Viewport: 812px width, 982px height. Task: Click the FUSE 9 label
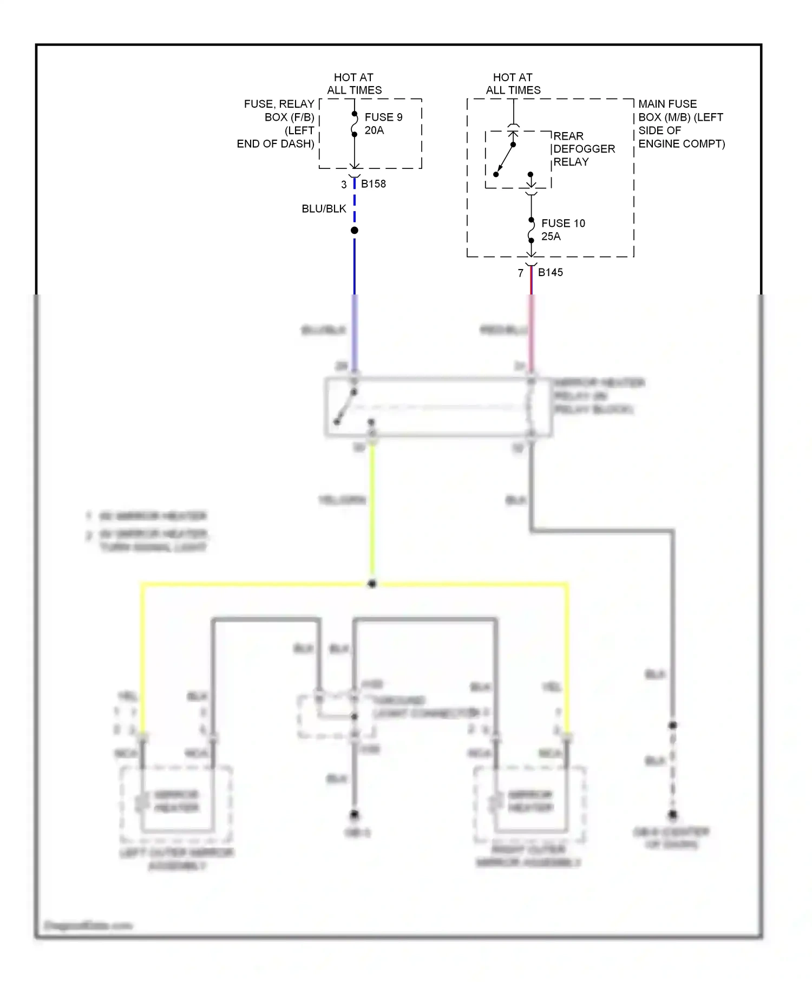383,117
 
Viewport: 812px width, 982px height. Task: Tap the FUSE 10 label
563,223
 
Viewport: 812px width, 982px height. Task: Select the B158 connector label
374,184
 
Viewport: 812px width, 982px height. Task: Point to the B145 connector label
550,272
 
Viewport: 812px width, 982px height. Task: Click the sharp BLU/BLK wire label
324,208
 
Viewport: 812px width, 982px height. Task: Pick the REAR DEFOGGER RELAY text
584,148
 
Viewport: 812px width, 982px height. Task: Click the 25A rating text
551,236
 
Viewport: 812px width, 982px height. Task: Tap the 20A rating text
374,130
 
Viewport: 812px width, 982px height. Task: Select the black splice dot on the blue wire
355,231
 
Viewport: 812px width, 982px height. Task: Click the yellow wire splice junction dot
372,584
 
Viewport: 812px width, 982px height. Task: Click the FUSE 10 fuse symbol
531,231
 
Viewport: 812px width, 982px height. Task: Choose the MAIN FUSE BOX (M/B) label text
681,123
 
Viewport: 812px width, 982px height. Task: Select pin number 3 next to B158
344,185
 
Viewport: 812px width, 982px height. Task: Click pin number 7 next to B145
521,273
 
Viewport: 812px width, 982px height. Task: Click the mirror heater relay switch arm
345,407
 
